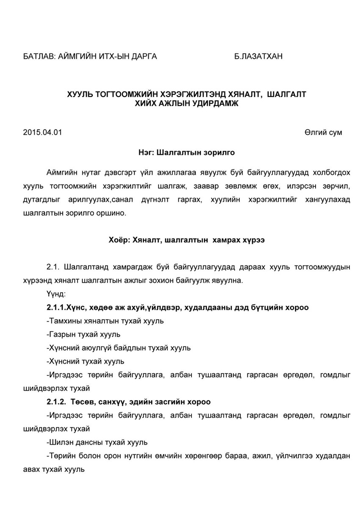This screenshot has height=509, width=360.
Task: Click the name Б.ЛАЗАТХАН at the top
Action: point(258,56)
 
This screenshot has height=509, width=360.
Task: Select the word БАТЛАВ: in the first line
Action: point(38,56)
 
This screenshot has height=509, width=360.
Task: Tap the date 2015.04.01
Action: point(42,132)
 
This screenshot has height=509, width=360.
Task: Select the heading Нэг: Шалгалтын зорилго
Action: point(186,152)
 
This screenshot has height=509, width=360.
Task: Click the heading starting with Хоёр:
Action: point(186,240)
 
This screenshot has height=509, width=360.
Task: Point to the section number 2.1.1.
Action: point(56,307)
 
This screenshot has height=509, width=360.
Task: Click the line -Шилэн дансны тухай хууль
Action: point(97,442)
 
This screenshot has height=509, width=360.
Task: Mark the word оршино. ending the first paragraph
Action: point(113,213)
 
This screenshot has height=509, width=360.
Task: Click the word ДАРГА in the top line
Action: point(142,56)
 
